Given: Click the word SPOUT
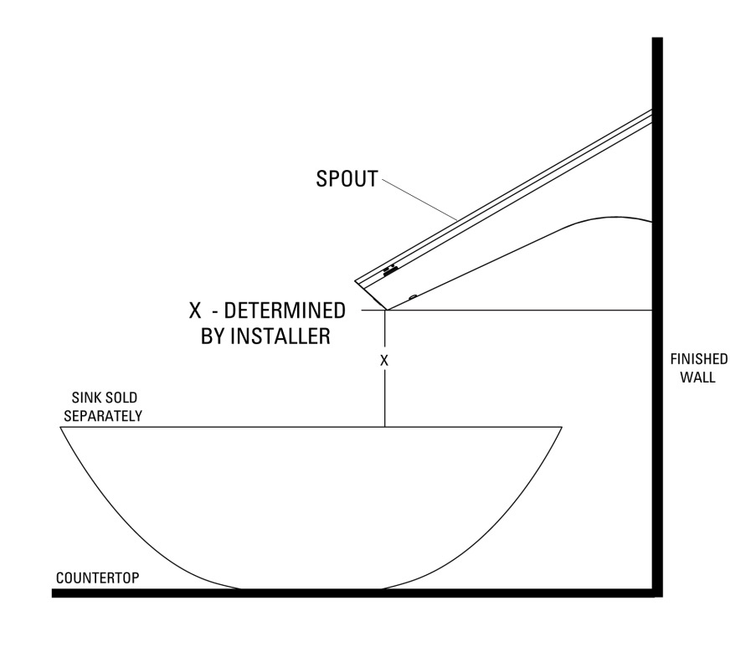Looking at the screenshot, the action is coord(347,179).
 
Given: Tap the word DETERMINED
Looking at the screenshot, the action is coord(285,311).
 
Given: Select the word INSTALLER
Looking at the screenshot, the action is coord(280,336).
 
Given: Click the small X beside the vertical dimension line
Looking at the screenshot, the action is coord(383,361).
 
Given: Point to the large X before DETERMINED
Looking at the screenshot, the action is coord(195,311).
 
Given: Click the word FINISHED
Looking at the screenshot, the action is coord(698,359).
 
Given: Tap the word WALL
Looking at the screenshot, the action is coord(697,377).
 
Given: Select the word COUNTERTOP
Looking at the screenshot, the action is coord(98,578).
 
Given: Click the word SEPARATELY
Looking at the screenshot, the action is coord(103,416).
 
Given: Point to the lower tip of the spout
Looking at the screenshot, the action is coord(387,310).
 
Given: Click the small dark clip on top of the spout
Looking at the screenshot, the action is coord(390,271).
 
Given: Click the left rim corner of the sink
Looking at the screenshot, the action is coord(61,427).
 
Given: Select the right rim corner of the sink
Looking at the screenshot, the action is coord(562,427).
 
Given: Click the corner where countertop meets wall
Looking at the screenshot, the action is coord(657,593).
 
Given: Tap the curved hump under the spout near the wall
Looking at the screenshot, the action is coord(612,217).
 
